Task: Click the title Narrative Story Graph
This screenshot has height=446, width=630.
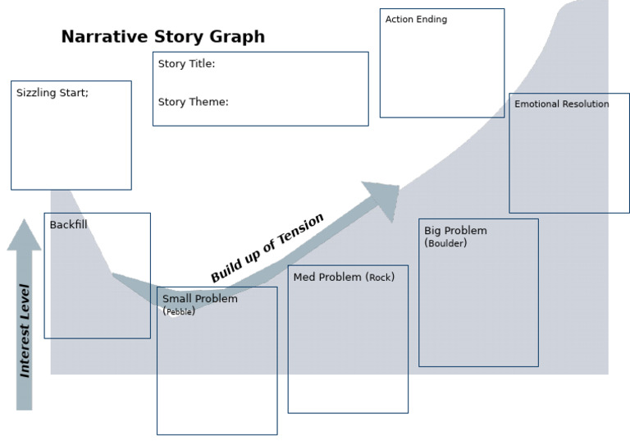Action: pyautogui.click(x=162, y=37)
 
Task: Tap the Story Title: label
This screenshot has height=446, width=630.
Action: pyautogui.click(x=186, y=64)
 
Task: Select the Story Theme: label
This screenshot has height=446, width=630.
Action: pyautogui.click(x=193, y=103)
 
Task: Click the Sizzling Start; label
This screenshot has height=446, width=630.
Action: pyautogui.click(x=52, y=93)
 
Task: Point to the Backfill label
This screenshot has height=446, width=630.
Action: pyautogui.click(x=68, y=225)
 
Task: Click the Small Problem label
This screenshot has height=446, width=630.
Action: pyautogui.click(x=199, y=299)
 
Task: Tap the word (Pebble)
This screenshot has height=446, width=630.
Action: pyautogui.click(x=179, y=311)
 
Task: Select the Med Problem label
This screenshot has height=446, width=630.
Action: pyautogui.click(x=327, y=278)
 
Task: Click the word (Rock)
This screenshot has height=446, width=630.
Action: pyautogui.click(x=380, y=278)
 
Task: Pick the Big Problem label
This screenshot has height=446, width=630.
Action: pyautogui.click(x=455, y=231)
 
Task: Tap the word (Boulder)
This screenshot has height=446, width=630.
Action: pyautogui.click(x=445, y=243)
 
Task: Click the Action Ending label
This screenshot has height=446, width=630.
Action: pyautogui.click(x=416, y=20)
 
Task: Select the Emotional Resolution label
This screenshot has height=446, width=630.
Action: pyautogui.click(x=561, y=104)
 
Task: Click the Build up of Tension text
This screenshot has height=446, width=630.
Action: pyautogui.click(x=267, y=248)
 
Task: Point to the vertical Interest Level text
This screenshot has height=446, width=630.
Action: pyautogui.click(x=25, y=331)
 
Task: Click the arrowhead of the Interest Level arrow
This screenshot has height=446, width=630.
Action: pyautogui.click(x=24, y=234)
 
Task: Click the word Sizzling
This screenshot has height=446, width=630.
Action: pyautogui.click(x=35, y=93)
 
